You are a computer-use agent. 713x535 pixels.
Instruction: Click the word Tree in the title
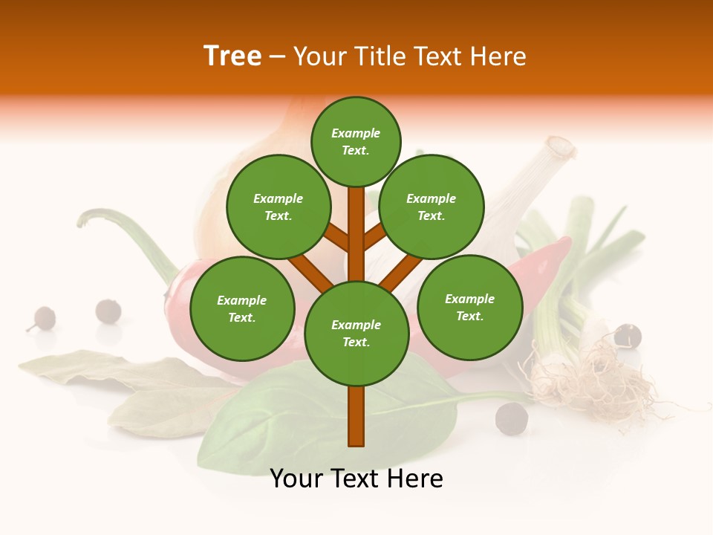click(x=232, y=56)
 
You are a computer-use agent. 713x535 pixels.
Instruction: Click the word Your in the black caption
click(x=296, y=479)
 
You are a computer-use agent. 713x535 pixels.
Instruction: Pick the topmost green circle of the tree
click(x=356, y=141)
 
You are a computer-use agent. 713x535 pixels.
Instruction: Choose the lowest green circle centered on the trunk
click(x=356, y=334)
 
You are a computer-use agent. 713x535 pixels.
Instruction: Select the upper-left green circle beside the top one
click(x=279, y=207)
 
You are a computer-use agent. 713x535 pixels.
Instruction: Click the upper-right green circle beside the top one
click(x=432, y=207)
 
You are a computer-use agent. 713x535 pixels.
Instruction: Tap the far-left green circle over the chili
click(x=242, y=308)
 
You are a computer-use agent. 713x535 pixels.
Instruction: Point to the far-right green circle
click(x=469, y=307)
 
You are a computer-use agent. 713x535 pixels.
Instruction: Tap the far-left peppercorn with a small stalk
click(x=43, y=318)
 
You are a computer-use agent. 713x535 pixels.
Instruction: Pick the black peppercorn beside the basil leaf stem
click(x=512, y=418)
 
